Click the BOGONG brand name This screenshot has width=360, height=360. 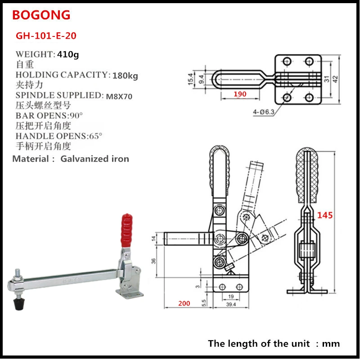pos(41,15)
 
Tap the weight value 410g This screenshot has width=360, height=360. pos(68,54)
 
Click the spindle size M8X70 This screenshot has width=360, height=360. pos(119,96)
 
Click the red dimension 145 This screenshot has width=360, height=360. pos(324,215)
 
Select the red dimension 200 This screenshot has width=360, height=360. pos(184,303)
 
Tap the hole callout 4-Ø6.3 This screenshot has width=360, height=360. pos(264,112)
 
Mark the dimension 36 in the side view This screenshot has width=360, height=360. pos(153,261)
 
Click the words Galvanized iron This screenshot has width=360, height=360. pos(94,158)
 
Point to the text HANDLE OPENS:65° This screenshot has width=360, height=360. pos(59,136)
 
